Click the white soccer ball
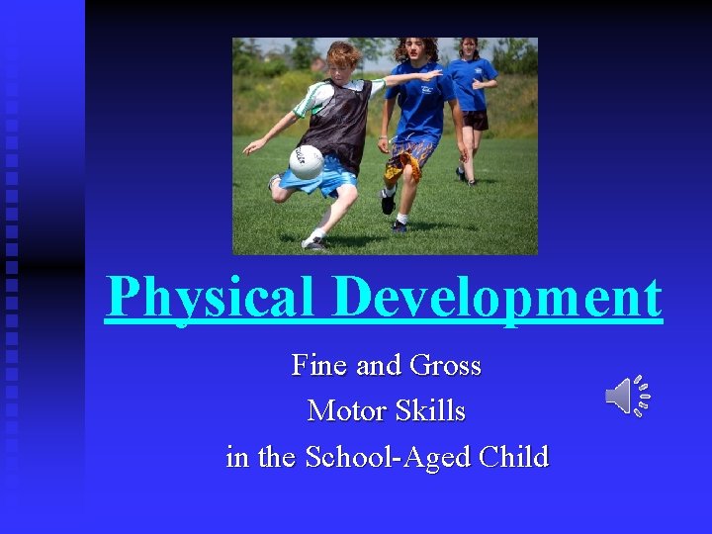306,161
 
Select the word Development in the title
497,296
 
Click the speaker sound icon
627,396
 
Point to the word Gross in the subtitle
445,366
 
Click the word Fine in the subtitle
319,366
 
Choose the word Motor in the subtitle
346,410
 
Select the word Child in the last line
513,457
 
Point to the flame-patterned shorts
409,158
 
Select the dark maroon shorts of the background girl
477,120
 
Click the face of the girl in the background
469,47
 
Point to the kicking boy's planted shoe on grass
314,240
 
